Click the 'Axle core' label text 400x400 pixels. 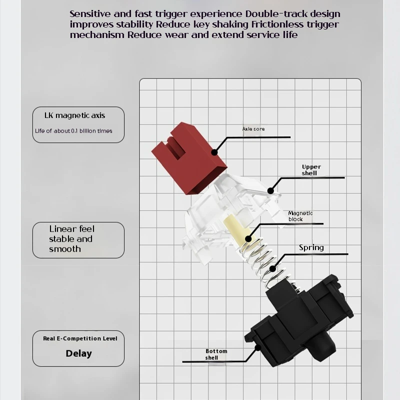pyautogui.click(x=253, y=129)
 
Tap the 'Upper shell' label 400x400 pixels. pyautogui.click(x=311, y=170)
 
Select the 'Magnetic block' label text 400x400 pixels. pyautogui.click(x=300, y=216)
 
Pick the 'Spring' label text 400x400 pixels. pyautogui.click(x=311, y=247)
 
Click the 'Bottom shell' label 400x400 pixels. pyautogui.click(x=216, y=354)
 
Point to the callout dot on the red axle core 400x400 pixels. pyautogui.click(x=214, y=152)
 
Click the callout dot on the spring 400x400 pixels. pyautogui.click(x=272, y=268)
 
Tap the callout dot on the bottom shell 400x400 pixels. pyautogui.click(x=257, y=347)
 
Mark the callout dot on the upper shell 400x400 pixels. pyautogui.click(x=270, y=190)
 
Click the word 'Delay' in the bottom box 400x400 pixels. pyautogui.click(x=78, y=353)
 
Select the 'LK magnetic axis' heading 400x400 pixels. pyautogui.click(x=74, y=115)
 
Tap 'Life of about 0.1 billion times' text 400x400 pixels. pyautogui.click(x=73, y=131)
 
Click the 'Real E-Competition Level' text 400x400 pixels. pyautogui.click(x=80, y=338)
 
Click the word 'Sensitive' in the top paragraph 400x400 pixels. pyautogui.click(x=90, y=14)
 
